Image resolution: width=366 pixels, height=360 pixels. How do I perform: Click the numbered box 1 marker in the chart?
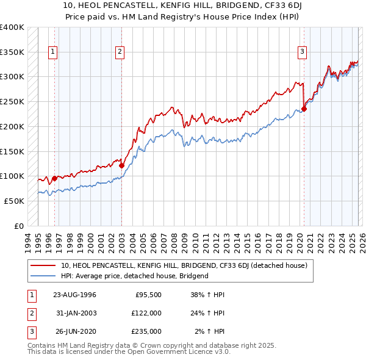coord(54,52)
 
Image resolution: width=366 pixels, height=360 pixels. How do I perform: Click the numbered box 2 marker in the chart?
coord(120,52)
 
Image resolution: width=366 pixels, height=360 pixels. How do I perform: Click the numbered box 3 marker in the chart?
coord(302,52)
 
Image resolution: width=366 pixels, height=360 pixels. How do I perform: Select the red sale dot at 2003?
coord(121,165)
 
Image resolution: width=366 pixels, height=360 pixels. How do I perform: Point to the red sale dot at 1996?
coord(55,179)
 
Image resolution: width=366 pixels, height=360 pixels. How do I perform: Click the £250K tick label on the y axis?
coord(12,102)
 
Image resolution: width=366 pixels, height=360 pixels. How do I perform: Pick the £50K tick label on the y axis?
coord(14,201)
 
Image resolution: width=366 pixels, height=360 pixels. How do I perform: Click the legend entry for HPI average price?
coord(135,276)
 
